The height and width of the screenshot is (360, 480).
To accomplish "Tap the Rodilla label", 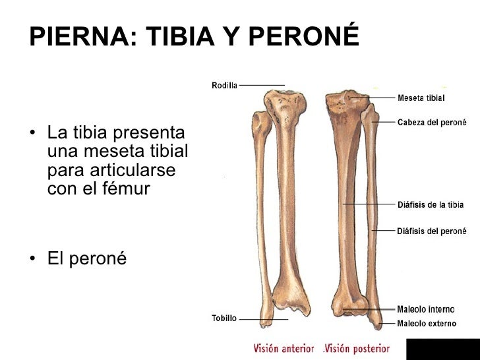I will pyautogui.click(x=224, y=85).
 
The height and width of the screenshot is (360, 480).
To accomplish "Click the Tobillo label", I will pyautogui.click(x=224, y=318).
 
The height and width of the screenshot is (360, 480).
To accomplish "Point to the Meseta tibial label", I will pyautogui.click(x=421, y=98).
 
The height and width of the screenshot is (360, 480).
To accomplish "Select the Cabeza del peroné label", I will pyautogui.click(x=431, y=122).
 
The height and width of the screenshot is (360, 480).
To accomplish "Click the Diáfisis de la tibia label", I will pyautogui.click(x=430, y=205).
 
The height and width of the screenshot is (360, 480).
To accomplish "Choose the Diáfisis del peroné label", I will pyautogui.click(x=431, y=231).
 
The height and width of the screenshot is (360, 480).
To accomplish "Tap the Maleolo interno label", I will pyautogui.click(x=425, y=309).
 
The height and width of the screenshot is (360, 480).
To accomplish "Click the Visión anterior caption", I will pyautogui.click(x=285, y=348).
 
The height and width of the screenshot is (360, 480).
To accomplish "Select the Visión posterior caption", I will pyautogui.click(x=357, y=348).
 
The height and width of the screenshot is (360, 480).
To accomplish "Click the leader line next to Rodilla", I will pyautogui.click(x=261, y=85).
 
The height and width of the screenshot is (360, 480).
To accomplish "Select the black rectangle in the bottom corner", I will pyautogui.click(x=442, y=349).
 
